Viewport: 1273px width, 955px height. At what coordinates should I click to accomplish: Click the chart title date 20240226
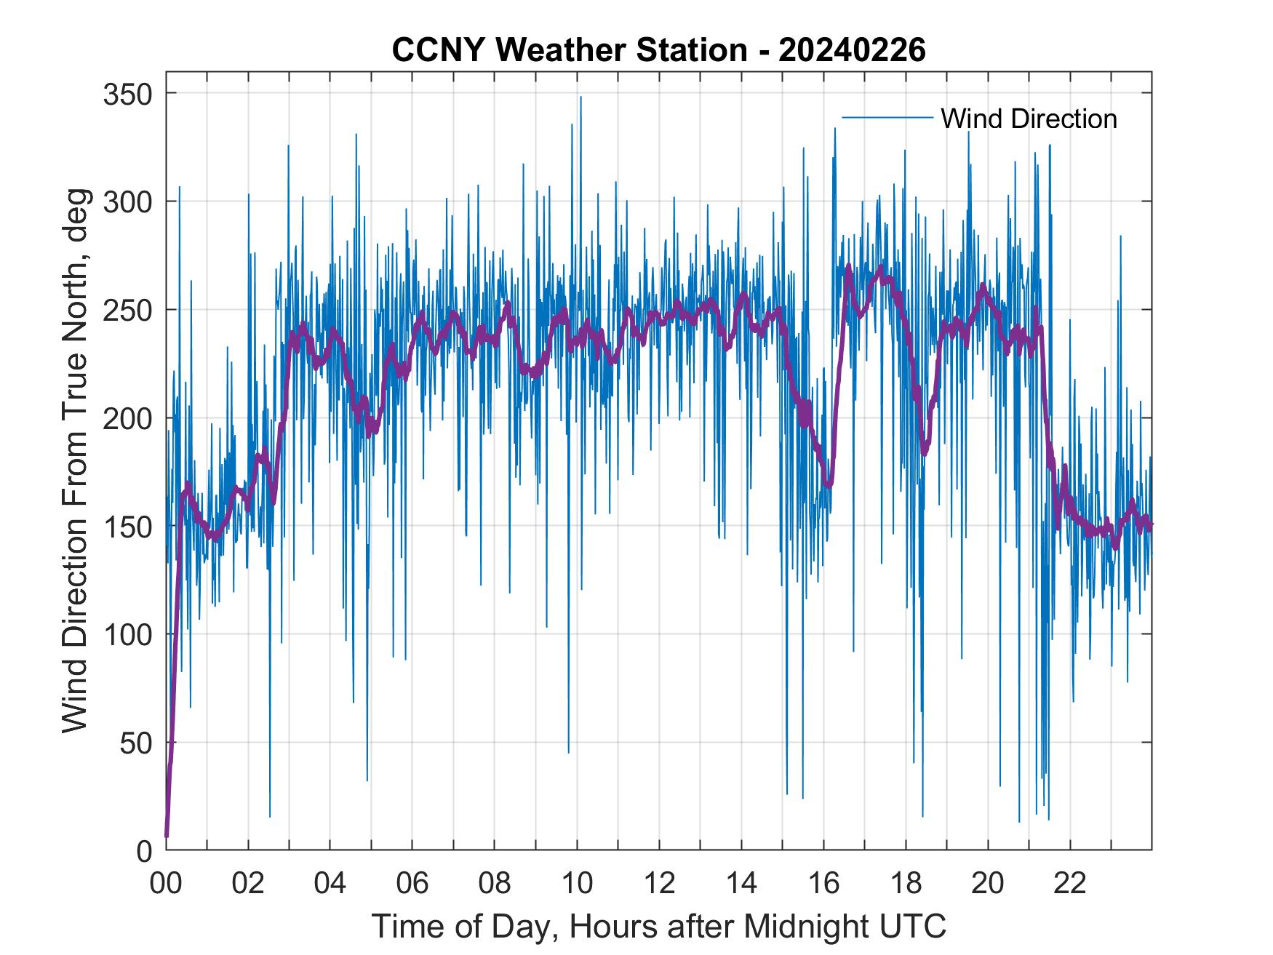852,51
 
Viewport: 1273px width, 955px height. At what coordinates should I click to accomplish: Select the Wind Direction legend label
1029,119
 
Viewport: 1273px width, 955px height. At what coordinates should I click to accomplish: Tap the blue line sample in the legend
887,118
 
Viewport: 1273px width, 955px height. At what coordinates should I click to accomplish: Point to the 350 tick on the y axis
126,94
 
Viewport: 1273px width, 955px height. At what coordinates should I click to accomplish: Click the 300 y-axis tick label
126,201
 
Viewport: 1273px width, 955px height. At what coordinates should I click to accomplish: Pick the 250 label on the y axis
126,310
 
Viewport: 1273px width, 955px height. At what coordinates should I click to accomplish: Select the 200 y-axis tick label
126,418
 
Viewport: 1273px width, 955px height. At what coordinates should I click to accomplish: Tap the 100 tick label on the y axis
126,634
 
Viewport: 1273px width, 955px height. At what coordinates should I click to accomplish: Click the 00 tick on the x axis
166,884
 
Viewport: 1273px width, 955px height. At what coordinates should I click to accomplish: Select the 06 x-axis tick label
412,884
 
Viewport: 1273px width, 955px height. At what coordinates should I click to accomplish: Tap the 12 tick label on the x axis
659,884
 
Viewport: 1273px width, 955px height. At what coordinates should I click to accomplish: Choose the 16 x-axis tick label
823,884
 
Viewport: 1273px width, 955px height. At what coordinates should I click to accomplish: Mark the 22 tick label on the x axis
1070,884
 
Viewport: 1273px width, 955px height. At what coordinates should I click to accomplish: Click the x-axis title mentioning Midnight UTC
659,927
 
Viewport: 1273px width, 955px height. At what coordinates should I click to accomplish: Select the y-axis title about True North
75,461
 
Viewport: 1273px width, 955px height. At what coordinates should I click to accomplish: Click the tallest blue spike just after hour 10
580,97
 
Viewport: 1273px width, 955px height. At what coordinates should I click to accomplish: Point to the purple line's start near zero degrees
167,835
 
